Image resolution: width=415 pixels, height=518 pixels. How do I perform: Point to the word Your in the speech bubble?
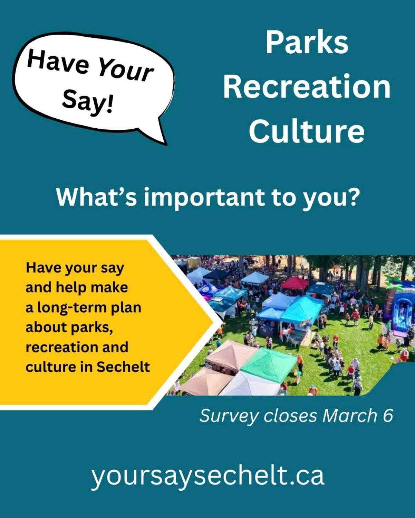click(125, 70)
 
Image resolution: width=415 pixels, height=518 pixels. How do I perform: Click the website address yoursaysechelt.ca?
click(208, 475)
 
